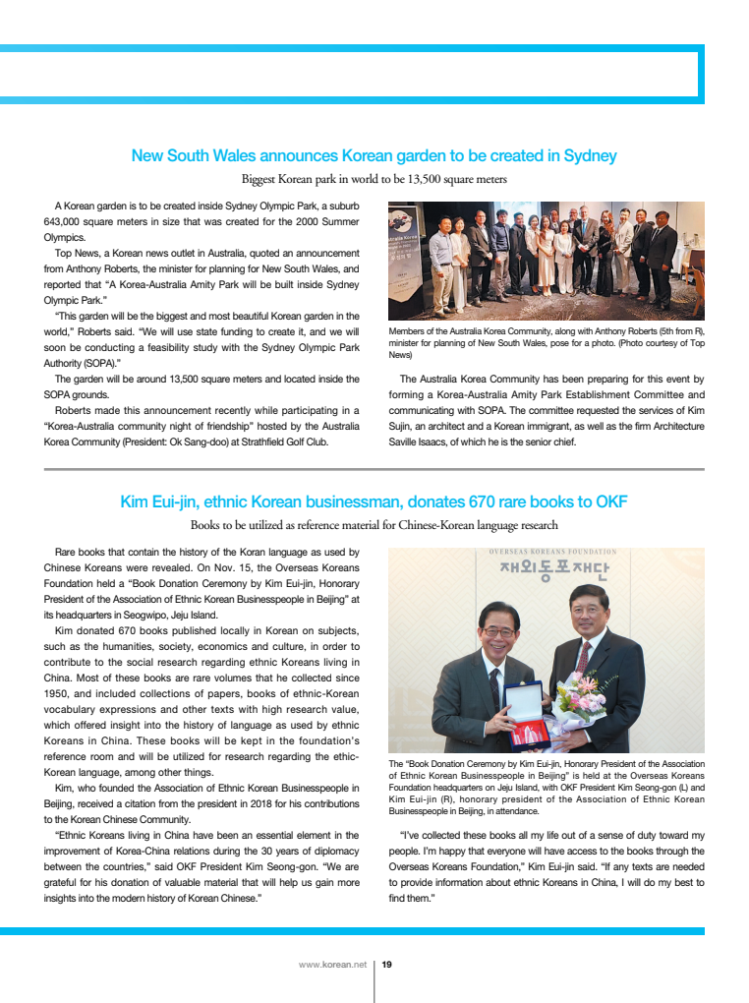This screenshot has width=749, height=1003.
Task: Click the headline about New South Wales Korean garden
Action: [x=374, y=155]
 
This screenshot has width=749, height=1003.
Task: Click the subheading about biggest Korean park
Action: [x=374, y=179]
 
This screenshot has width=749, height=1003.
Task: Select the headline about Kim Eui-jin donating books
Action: [x=374, y=501]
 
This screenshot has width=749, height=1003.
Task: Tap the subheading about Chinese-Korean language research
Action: [x=374, y=525]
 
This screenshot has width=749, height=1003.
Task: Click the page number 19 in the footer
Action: [x=387, y=965]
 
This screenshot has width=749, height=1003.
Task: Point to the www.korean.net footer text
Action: [x=332, y=965]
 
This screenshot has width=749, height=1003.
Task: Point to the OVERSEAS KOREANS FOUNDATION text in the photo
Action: [x=553, y=553]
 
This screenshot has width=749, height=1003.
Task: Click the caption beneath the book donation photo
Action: [x=547, y=788]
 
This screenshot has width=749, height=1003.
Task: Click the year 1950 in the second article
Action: [x=59, y=693]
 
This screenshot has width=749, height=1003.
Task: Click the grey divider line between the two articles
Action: [x=374, y=470]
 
